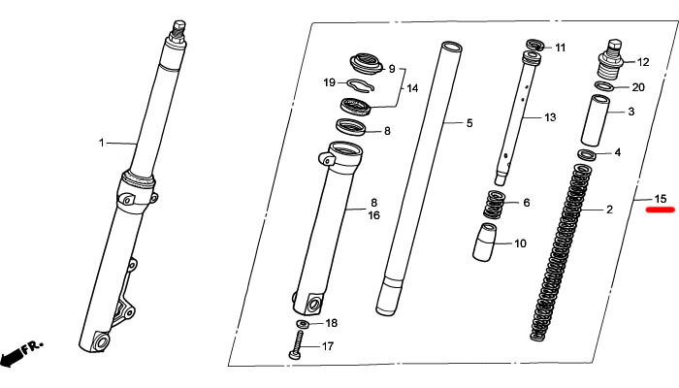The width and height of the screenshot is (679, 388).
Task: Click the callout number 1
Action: (x=100, y=143)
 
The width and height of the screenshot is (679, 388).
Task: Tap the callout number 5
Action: (x=469, y=123)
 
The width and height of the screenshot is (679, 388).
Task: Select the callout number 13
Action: (x=549, y=117)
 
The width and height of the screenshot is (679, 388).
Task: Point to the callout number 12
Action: (x=642, y=62)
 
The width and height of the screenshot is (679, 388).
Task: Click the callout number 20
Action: (x=637, y=87)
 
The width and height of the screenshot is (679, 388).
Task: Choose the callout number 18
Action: (x=331, y=323)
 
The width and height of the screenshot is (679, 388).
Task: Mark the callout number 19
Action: (x=329, y=82)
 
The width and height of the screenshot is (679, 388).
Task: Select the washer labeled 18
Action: (x=303, y=323)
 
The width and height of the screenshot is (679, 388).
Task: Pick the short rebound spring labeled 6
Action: (x=495, y=205)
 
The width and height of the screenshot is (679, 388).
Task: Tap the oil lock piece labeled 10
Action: (x=489, y=242)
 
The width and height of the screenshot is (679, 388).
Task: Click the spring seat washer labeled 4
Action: (x=587, y=154)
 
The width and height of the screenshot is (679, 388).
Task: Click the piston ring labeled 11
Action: (x=534, y=46)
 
